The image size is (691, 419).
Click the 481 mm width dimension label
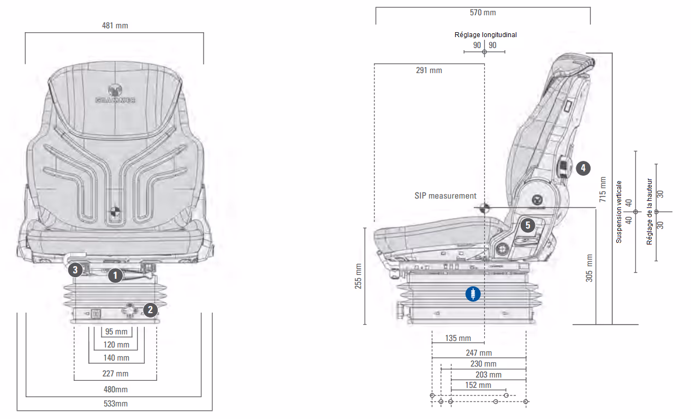coord(115,25)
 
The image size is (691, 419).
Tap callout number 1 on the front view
coord(115,276)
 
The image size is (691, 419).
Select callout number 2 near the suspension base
coord(150,310)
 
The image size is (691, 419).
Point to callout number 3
coord(75,268)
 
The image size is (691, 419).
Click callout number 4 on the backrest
coord(583,168)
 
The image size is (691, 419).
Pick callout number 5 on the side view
coord(527,225)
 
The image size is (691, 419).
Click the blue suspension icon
coord(473,294)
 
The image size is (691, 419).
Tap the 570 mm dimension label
coord(482,13)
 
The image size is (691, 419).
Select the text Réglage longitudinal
coord(485,35)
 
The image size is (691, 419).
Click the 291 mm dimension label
coord(428,70)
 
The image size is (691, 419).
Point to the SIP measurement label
coord(445,196)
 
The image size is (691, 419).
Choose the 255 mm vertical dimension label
coord(359,277)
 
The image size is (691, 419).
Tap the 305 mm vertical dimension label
coord(589,267)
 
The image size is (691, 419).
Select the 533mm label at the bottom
coord(115,404)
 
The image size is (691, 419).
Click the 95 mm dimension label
coord(116,332)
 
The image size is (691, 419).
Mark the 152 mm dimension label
coord(478,385)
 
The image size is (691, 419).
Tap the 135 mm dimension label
coord(458,338)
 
